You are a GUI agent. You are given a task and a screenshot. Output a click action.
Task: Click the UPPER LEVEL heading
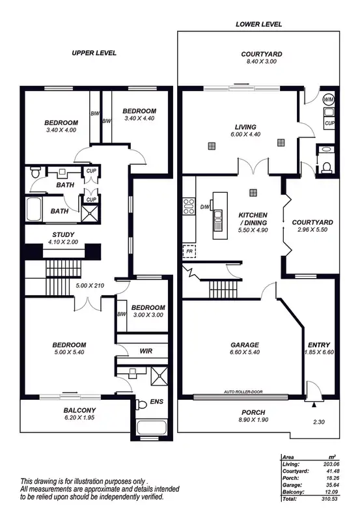coord(94,53)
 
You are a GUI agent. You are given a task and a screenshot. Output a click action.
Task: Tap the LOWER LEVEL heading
coord(259,24)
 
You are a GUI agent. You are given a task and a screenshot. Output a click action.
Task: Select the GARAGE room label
coord(245,345)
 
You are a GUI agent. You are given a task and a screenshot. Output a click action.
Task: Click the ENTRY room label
coord(319,345)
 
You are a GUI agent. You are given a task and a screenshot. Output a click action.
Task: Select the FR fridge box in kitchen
coord(189,250)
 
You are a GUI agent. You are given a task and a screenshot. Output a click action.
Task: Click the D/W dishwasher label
coord(204,207)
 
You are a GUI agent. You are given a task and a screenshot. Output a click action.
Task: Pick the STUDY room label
coord(63,235)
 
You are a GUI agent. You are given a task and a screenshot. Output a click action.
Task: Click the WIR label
coord(146,351)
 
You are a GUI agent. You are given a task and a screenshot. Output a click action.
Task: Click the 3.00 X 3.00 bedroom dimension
coord(147,315)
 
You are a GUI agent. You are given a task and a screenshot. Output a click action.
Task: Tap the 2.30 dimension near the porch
coord(318,422)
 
